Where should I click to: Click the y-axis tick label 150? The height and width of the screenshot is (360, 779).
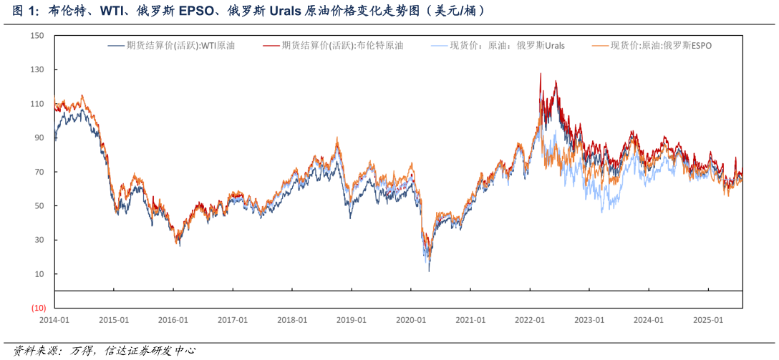click(37, 36)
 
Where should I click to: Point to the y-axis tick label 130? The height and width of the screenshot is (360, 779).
click(37, 70)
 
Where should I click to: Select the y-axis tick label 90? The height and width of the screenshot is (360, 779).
click(39, 138)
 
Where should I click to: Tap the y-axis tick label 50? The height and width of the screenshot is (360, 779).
click(39, 206)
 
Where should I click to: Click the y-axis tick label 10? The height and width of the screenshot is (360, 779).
click(39, 274)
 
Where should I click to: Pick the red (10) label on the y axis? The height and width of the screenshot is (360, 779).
click(38, 308)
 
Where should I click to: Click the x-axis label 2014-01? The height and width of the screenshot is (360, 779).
click(54, 321)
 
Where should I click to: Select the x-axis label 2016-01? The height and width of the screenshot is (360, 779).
click(173, 321)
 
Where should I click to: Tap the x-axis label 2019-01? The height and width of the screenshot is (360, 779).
click(352, 321)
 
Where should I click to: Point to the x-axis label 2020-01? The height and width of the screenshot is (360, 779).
click(411, 321)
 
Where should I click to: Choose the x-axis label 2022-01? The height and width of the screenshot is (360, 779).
click(530, 321)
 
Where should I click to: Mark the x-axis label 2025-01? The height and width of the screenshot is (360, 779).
click(708, 321)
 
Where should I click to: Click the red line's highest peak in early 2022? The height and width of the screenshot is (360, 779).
click(541, 73)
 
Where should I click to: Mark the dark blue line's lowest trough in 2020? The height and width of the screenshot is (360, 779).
click(429, 271)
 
